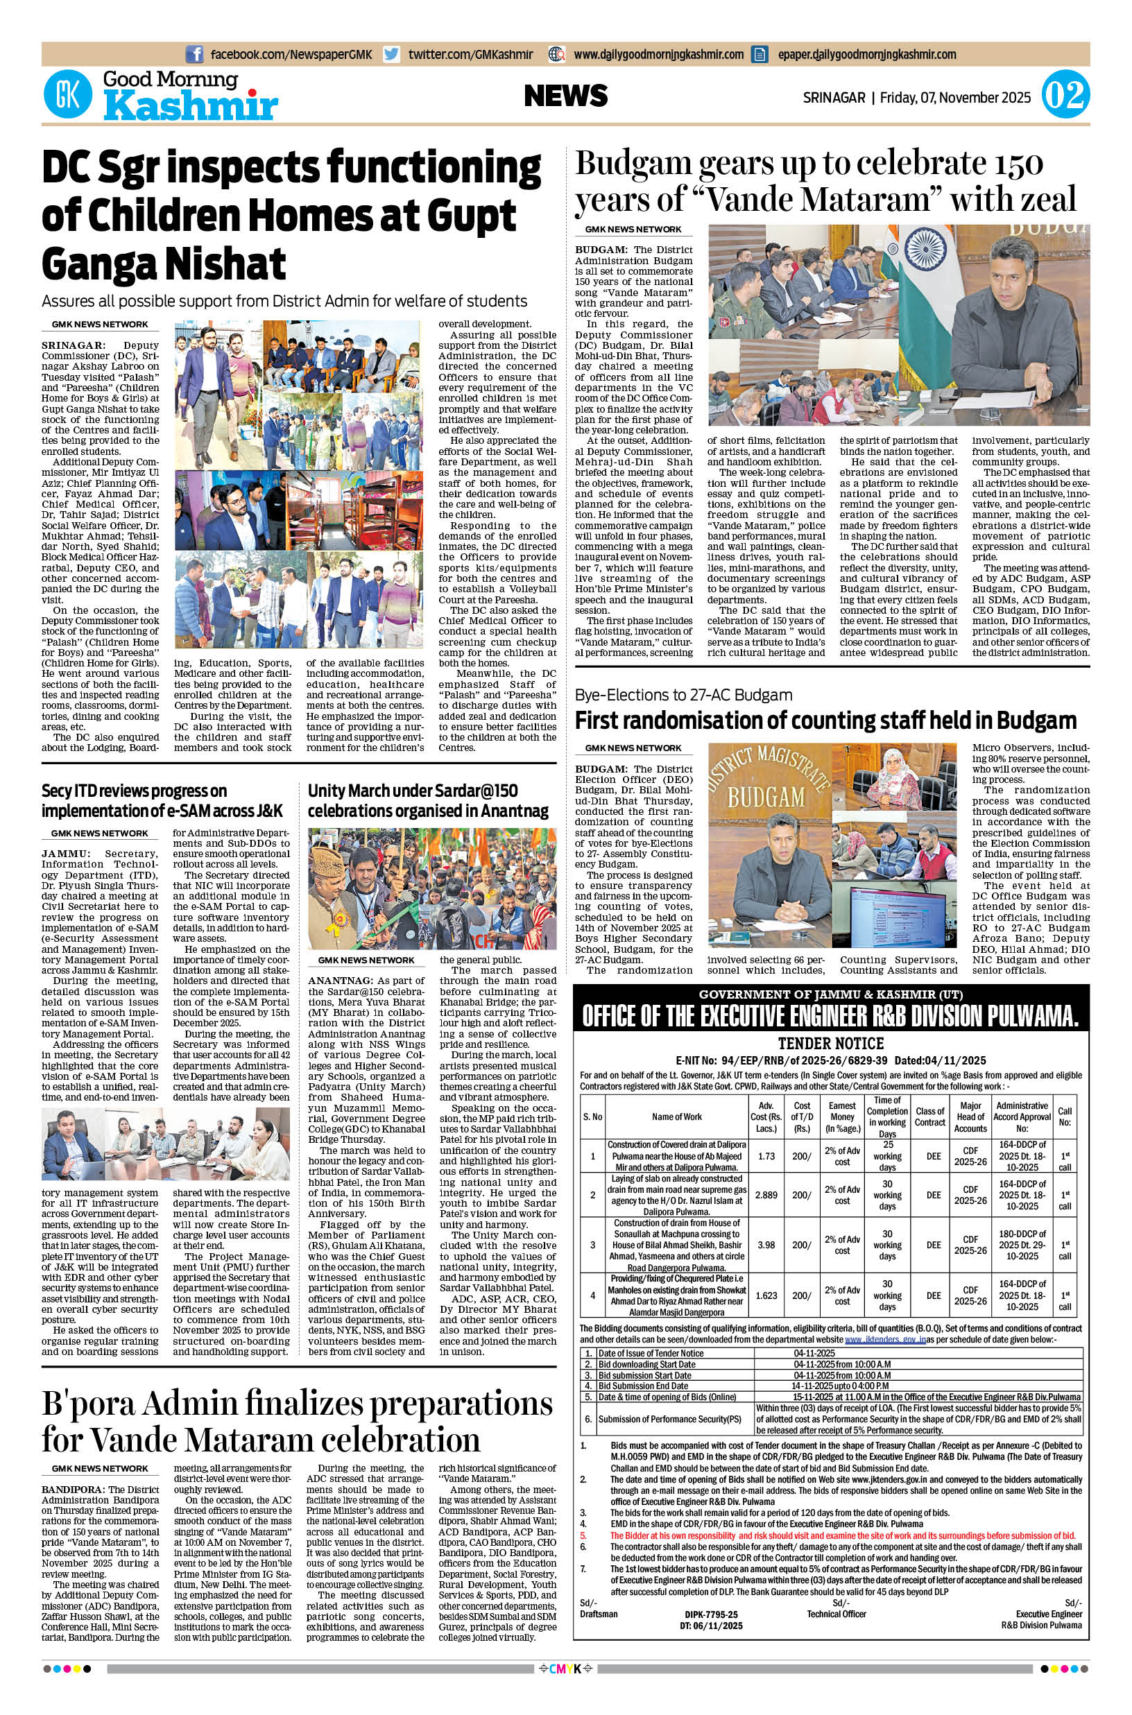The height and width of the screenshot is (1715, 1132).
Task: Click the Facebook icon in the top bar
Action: tap(194, 54)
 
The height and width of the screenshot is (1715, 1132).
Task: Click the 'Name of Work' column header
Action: tap(676, 1117)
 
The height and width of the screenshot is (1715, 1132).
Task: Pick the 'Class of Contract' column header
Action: tap(930, 1117)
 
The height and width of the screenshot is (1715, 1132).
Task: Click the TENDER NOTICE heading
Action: tap(831, 1043)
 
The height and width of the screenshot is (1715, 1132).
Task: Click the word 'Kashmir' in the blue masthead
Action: tap(191, 107)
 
